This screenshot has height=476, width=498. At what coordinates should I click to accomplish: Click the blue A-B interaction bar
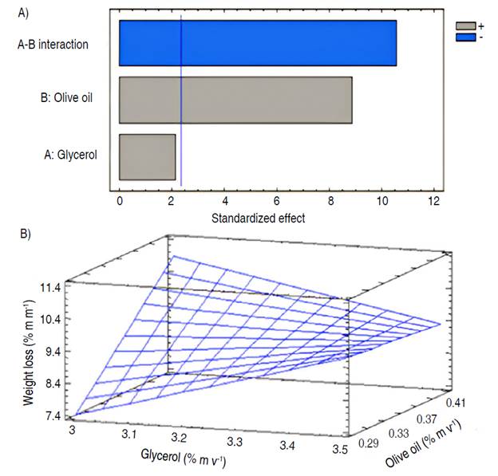coord(257,43)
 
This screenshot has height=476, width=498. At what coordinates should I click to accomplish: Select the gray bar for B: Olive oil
coord(235,100)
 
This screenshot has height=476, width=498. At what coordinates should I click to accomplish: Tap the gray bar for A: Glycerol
coord(147,156)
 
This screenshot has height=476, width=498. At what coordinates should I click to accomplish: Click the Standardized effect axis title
coord(258,217)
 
